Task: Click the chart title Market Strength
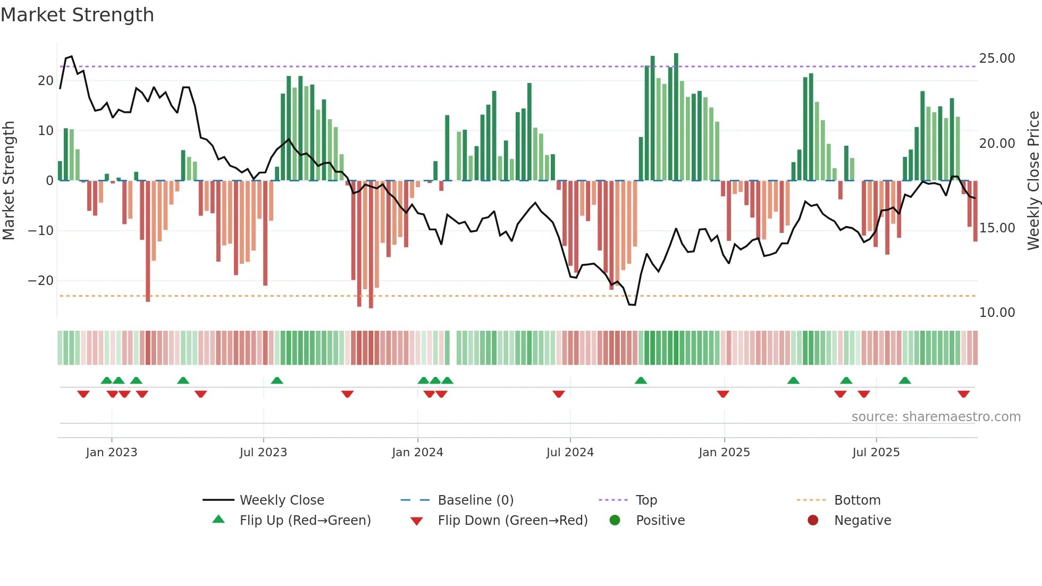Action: point(77,15)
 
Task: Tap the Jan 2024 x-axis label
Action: point(417,453)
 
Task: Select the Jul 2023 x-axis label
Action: point(263,453)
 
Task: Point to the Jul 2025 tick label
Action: point(876,453)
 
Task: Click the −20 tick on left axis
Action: point(41,281)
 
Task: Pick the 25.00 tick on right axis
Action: point(997,58)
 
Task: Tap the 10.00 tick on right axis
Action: point(997,313)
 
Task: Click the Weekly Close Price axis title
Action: point(1033,181)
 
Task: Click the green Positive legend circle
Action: point(615,521)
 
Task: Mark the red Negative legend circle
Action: point(813,521)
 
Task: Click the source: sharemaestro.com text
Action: point(936,417)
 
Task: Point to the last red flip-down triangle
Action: point(963,394)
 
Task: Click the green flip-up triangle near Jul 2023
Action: point(277,380)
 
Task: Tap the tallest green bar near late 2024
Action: point(676,117)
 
